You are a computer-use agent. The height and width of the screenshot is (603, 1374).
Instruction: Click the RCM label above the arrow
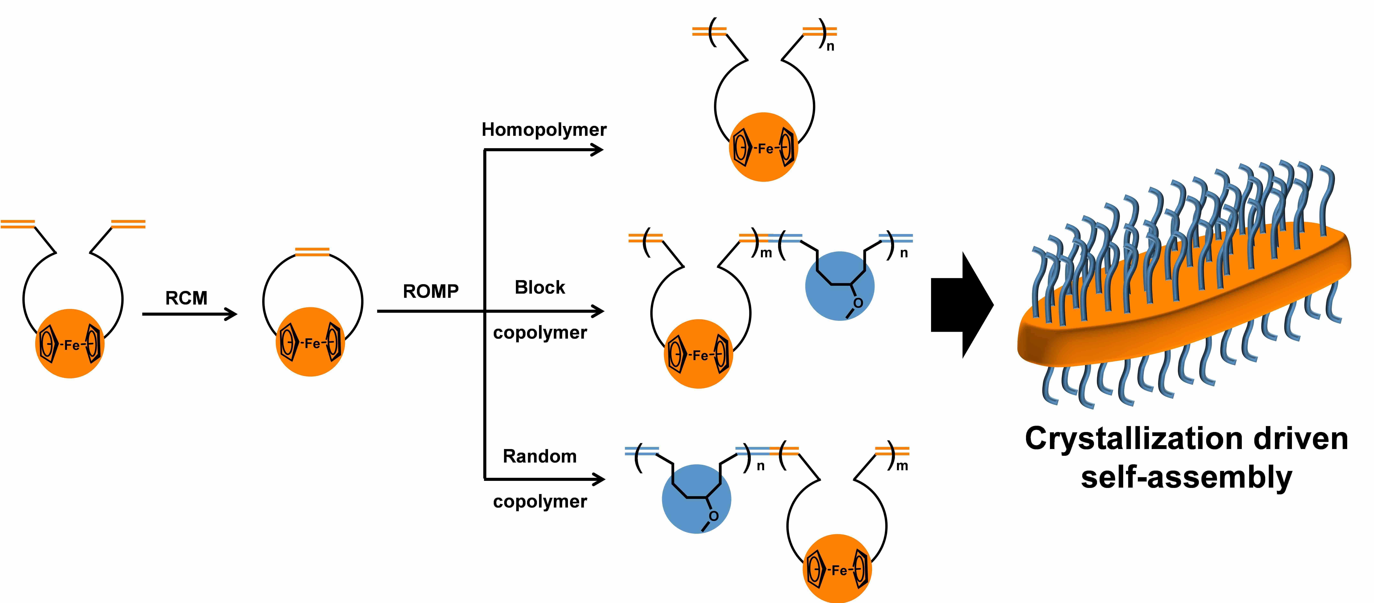(x=186, y=298)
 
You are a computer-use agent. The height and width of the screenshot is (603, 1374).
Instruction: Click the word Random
(x=540, y=456)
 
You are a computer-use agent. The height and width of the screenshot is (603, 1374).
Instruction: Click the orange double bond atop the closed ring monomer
(x=312, y=252)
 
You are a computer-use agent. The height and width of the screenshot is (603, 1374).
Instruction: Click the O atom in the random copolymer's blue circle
(x=714, y=516)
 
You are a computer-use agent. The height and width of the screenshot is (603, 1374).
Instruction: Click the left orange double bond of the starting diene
(x=18, y=224)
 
